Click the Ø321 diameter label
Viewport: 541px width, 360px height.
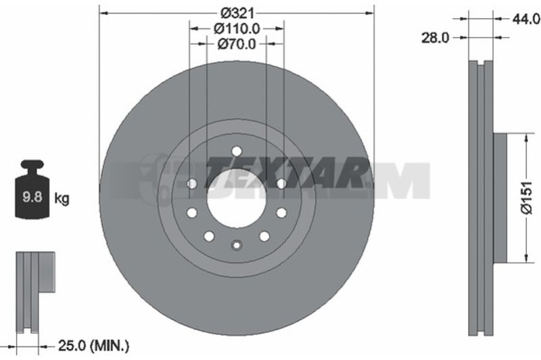pyautogui.click(x=237, y=13)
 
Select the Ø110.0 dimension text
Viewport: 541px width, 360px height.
pyautogui.click(x=237, y=28)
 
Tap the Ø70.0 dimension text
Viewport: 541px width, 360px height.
pyautogui.click(x=237, y=44)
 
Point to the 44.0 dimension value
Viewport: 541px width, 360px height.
pyautogui.click(x=526, y=19)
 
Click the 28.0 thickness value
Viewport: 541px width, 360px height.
pyautogui.click(x=435, y=38)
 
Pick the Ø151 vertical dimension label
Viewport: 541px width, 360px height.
pyautogui.click(x=527, y=198)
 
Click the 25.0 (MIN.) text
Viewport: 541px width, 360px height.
pyautogui.click(x=93, y=345)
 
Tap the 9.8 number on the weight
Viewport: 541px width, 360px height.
pyautogui.click(x=32, y=197)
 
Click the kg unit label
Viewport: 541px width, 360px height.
pyautogui.click(x=62, y=198)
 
